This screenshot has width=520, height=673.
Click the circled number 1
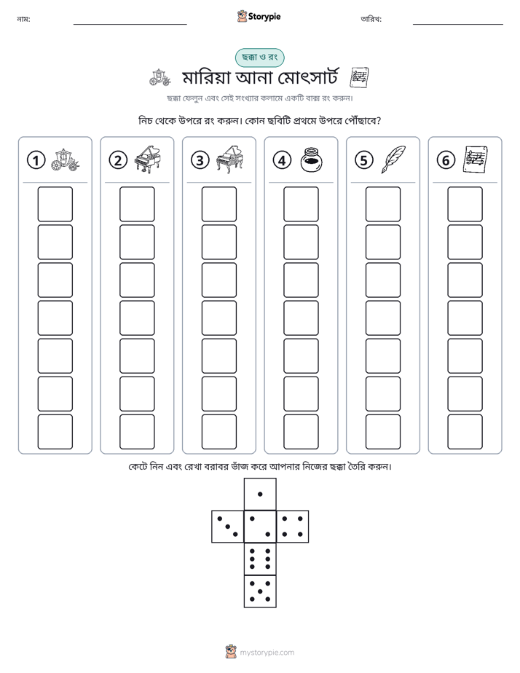point(36,160)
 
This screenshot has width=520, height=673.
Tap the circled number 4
point(282,160)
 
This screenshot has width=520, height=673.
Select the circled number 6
point(446,160)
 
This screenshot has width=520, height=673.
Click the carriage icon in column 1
point(66,160)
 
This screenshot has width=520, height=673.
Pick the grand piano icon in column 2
point(147,160)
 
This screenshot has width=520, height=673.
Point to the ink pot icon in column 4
point(311,160)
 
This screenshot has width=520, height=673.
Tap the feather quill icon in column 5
point(393,160)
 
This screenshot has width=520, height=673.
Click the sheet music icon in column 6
point(476,160)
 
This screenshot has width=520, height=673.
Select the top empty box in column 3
point(218,204)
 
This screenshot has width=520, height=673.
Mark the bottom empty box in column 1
point(55,432)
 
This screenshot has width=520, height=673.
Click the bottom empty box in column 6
point(465,432)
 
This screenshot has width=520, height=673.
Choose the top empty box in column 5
point(382,204)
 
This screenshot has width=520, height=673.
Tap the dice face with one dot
point(260,494)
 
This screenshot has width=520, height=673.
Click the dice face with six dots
point(260,559)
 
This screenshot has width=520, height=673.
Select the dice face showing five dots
point(260,591)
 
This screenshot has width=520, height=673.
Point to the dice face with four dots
point(293,527)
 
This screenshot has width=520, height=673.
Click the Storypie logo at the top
point(259,16)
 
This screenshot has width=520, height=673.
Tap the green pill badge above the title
point(259,58)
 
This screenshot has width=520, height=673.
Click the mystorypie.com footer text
point(267,653)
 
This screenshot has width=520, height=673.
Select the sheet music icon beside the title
point(359,78)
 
